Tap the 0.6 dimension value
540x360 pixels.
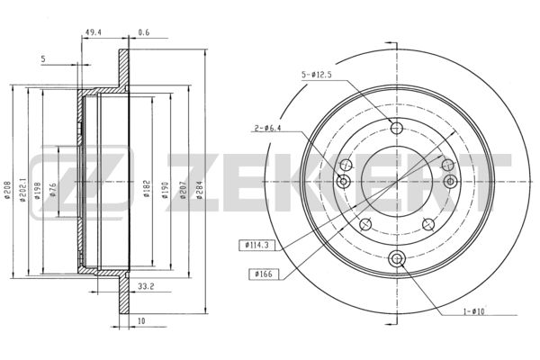click(x=144, y=32)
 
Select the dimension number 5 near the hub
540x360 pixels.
click(x=43, y=58)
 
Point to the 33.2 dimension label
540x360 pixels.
click(x=146, y=286)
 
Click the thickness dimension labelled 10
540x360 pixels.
click(x=141, y=320)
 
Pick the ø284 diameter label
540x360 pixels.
click(x=200, y=190)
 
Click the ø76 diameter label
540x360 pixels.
click(x=53, y=190)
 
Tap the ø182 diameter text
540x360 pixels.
click(x=147, y=188)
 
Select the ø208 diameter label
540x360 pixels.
click(x=7, y=190)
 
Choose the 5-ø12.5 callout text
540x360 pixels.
click(x=317, y=75)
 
